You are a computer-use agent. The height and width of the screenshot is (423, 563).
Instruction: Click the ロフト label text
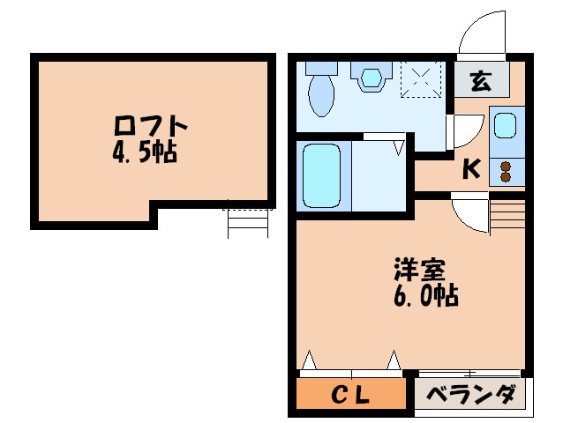151,125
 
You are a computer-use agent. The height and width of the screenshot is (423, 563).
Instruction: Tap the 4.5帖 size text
145,152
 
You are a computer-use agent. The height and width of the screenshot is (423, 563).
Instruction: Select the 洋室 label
419,269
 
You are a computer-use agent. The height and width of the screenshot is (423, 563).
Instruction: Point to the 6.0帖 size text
426,295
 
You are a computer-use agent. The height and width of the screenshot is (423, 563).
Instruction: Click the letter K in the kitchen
471,169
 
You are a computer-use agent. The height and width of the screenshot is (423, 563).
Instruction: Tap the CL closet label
350,396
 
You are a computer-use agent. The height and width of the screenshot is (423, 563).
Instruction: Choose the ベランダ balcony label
471,394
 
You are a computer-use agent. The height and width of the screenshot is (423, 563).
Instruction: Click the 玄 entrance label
481,80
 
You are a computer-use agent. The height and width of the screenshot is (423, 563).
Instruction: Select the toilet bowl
321,94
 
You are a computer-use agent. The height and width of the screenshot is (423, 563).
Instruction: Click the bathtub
321,175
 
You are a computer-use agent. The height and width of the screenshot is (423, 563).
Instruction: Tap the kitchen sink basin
506,125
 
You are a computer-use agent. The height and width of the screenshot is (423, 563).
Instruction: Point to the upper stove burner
506,167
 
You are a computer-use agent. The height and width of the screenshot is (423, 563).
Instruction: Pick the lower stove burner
506,177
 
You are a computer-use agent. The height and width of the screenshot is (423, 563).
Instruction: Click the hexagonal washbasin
371,77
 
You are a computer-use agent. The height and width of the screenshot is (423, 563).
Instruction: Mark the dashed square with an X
421,78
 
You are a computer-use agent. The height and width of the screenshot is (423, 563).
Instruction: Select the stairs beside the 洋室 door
507,214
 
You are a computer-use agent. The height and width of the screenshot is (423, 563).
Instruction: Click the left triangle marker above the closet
309,360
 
